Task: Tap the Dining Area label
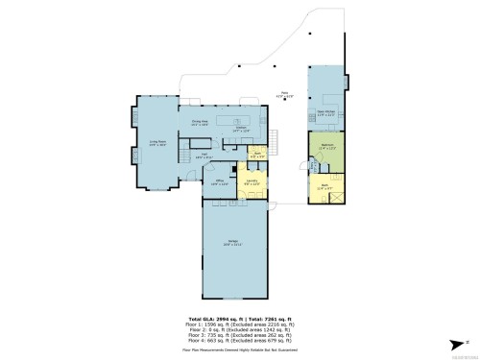pos(200,123)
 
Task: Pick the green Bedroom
pos(325,149)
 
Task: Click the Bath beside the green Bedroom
pos(324,187)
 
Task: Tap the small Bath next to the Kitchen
pos(257,153)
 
